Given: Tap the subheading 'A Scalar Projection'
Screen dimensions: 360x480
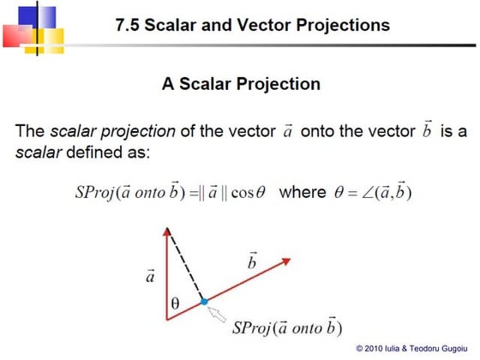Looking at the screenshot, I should (x=241, y=84).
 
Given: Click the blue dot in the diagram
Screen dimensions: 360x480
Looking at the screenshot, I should (x=204, y=302).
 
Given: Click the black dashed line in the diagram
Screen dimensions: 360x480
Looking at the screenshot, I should (x=187, y=266).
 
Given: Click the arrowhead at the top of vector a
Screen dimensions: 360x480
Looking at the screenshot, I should (x=169, y=233).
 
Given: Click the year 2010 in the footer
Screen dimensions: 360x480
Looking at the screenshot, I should (x=374, y=348).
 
